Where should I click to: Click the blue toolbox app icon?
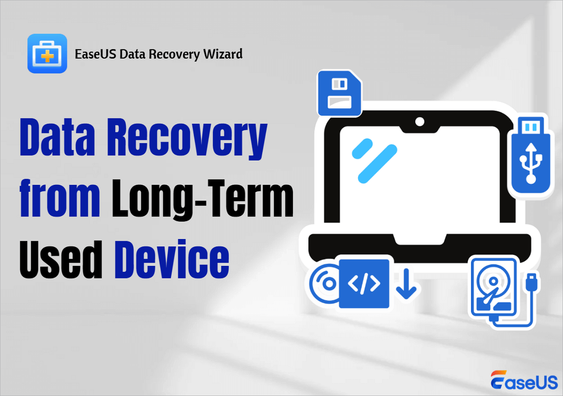(47, 54)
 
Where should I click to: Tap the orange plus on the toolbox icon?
(47, 56)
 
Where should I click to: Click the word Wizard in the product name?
(223, 54)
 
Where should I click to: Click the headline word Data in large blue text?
(57, 137)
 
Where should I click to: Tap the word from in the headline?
(60, 198)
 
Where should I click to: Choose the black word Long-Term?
(203, 200)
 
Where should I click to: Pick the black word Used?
(61, 259)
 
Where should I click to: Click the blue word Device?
(172, 259)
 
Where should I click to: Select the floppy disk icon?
(340, 93)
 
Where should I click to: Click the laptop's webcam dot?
(420, 122)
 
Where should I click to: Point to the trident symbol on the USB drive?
(531, 163)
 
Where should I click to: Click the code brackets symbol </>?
(364, 283)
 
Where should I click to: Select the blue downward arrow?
(406, 284)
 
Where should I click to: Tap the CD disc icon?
(324, 284)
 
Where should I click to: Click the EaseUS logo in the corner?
(524, 380)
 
